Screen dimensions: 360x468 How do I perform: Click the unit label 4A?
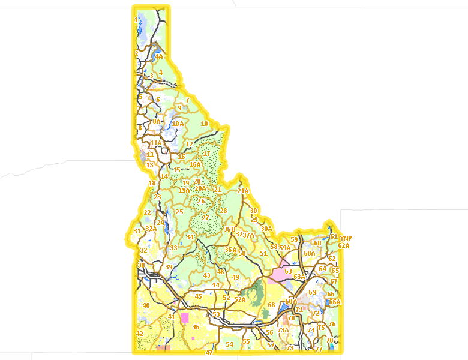pos(159,57)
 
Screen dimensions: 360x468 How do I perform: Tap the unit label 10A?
pos(178,124)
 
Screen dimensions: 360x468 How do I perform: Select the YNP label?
pos(345,238)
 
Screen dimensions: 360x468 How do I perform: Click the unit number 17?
pos(207,154)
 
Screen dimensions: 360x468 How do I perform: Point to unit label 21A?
pos(243,191)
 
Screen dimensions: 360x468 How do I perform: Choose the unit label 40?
pos(146,305)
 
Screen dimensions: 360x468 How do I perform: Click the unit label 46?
pos(196,327)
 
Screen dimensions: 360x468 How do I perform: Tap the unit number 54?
pos(229,344)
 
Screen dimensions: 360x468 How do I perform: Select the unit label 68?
pos(271,305)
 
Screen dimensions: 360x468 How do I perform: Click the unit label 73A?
pos(283,329)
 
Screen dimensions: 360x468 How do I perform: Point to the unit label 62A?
pos(343,245)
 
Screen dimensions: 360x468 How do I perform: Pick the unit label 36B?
pos(229,229)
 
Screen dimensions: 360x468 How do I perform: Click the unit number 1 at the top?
pos(136,20)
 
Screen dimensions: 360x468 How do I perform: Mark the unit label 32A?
pos(151,229)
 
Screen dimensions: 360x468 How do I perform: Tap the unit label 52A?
pos(240,299)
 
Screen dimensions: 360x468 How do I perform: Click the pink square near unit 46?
pos(184,317)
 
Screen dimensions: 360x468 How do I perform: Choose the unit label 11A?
pos(156,143)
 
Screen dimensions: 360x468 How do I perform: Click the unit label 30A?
pos(266,229)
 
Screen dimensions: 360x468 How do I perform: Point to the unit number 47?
pos(209,353)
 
